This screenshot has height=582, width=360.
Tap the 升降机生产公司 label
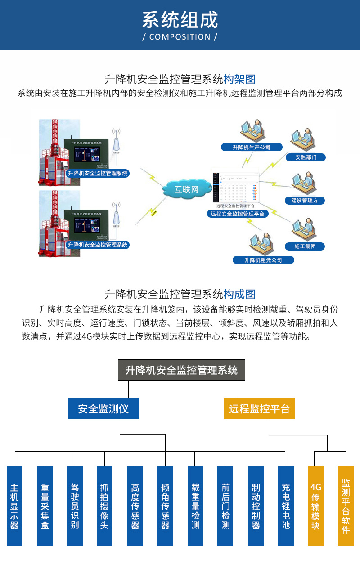coord(251,147)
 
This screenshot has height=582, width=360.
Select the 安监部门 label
coord(306,157)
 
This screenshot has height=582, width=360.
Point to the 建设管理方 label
coord(305,201)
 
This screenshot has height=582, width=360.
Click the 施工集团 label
coord(305,246)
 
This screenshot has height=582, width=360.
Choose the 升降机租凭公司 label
coord(263,260)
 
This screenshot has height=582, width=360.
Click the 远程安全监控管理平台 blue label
coord(238,214)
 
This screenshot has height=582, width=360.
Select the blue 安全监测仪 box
coord(103,409)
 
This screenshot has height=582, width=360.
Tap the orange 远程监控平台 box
coord(259,409)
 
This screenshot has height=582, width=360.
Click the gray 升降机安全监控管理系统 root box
coord(181,370)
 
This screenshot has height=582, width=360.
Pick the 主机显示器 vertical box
coord(14,506)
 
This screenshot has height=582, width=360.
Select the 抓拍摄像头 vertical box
coord(104,506)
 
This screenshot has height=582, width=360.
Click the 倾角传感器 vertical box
coord(165,506)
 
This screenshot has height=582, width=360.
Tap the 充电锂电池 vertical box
coord(286,506)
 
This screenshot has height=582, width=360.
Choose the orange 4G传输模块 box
coord(315,506)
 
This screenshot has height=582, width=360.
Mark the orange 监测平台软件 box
coord(346,506)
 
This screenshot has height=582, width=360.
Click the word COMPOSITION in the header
coord(180,37)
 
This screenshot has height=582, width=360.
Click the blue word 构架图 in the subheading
coord(239,80)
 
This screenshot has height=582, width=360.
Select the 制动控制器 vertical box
coord(256,506)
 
